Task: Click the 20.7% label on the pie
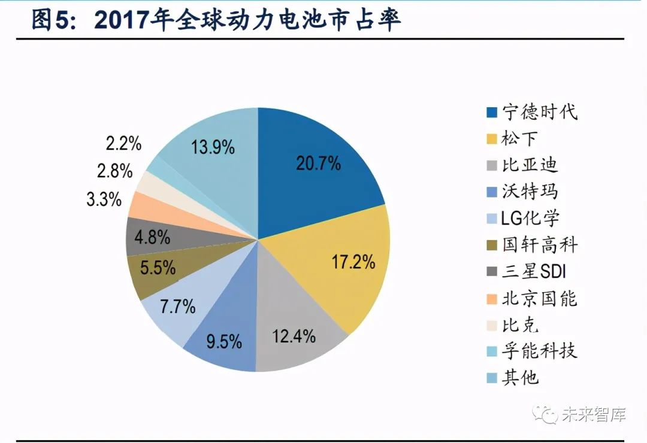(x=318, y=163)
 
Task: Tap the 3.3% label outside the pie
(x=104, y=199)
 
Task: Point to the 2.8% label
(x=113, y=171)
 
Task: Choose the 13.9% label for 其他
(x=213, y=147)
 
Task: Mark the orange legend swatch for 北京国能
(x=492, y=298)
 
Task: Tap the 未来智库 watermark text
(x=593, y=414)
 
